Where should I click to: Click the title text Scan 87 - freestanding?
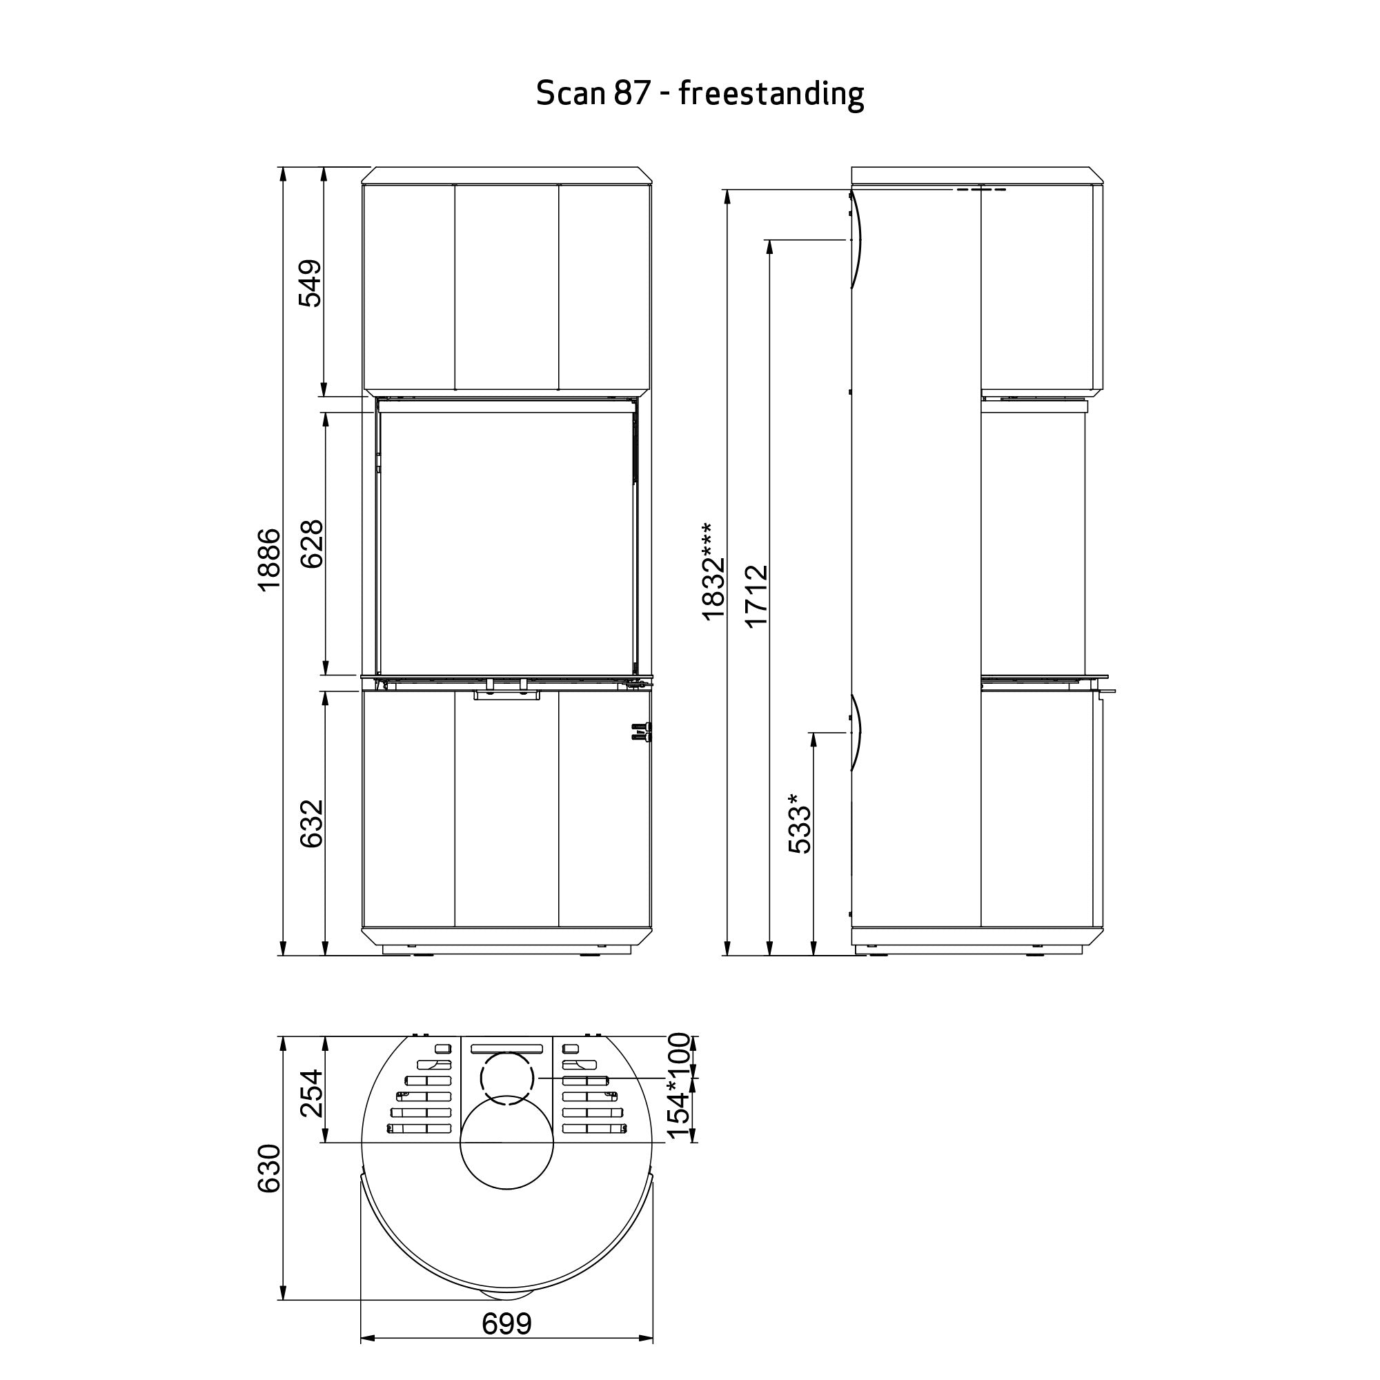click(699, 94)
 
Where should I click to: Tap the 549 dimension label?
click(310, 283)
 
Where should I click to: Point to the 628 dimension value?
click(312, 544)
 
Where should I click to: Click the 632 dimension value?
click(312, 823)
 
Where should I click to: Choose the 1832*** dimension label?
click(713, 571)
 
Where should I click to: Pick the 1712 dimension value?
click(756, 595)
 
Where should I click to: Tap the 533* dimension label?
click(800, 823)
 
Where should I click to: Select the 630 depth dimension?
click(269, 1168)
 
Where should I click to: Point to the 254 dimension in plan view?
click(312, 1094)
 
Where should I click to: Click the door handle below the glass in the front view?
click(506, 695)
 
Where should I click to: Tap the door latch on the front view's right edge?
click(642, 732)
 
